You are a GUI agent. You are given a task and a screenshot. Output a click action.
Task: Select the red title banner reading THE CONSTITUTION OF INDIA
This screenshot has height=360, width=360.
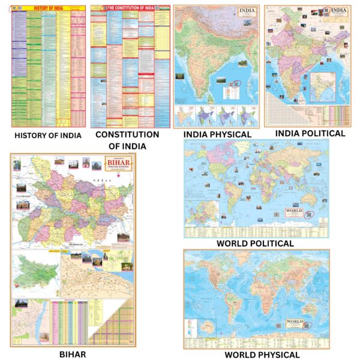point(131,8)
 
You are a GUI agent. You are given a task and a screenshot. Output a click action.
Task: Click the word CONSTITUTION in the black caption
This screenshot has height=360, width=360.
point(127,135)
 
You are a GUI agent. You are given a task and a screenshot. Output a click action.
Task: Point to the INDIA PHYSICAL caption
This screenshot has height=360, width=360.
point(217,135)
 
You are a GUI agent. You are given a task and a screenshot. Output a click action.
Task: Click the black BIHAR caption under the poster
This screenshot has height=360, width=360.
point(73,354)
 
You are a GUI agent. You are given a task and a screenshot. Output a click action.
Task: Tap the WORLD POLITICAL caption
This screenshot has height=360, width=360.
point(256,244)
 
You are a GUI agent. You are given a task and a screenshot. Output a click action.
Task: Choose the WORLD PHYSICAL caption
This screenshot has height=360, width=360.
point(257,355)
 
